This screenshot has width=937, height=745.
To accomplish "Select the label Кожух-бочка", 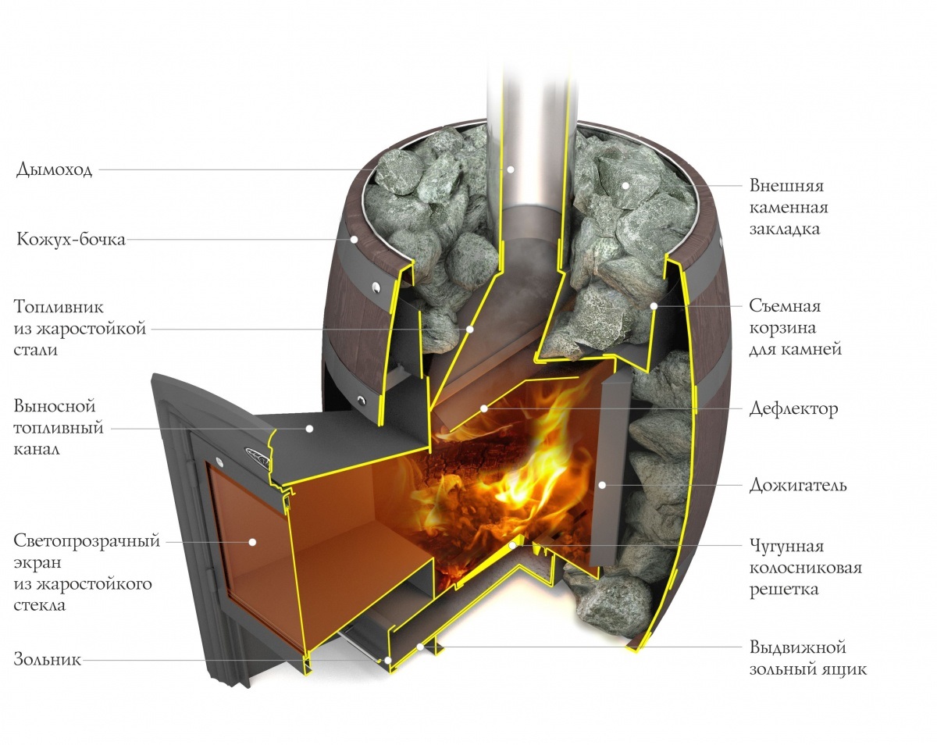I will point(71,239).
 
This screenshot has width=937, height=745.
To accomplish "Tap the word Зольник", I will point(48,660).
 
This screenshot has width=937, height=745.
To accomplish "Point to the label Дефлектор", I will point(794,408).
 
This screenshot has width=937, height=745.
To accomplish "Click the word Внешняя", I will point(786,187).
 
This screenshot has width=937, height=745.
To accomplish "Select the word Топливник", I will point(59,307).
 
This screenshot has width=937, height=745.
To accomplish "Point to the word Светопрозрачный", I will point(87,541).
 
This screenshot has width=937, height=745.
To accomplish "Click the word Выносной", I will point(55,407).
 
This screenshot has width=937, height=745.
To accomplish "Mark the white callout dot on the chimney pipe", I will point(511,169).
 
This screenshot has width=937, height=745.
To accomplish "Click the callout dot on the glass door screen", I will point(254,540).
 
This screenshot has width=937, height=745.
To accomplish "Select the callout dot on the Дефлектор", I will point(484,408).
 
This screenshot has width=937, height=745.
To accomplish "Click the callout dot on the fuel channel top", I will point(310,428).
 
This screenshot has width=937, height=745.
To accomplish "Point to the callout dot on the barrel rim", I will point(354,239).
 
